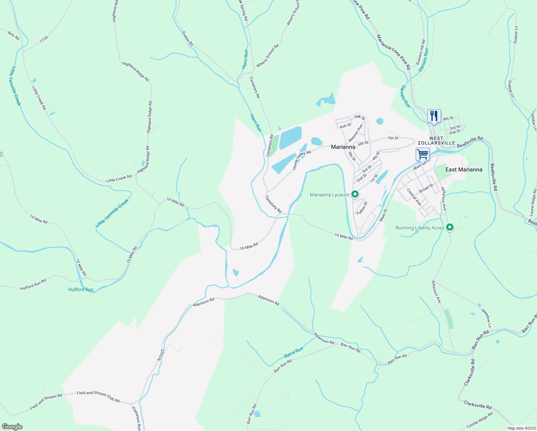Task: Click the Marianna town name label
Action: coord(343,147)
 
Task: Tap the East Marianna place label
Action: coord(464,170)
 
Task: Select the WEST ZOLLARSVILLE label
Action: coord(436,140)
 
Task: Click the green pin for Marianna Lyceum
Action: coord(355,194)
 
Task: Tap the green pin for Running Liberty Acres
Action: coord(449,227)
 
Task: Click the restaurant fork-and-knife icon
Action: coord(434,116)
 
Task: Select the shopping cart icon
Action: coord(422,154)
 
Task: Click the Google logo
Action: coord(12,426)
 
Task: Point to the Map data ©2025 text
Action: coord(521,428)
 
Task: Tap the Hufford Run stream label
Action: coord(81,289)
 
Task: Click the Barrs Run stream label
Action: coord(294,352)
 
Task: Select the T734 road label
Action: coord(43,40)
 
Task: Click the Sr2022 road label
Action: coord(160,354)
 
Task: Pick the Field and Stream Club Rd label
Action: coord(98,396)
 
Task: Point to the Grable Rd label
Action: coord(188,38)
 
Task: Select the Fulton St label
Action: coord(362,208)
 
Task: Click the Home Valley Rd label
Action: coord(302,160)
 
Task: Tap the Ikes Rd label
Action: coord(14,35)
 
